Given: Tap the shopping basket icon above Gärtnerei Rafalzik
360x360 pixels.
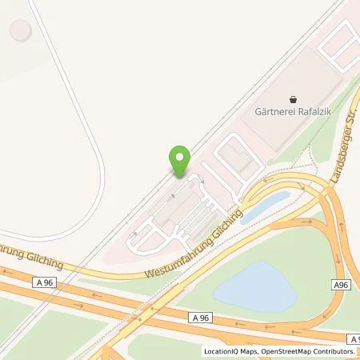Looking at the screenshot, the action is [293, 98].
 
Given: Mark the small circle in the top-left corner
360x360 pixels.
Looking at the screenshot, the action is [19, 32].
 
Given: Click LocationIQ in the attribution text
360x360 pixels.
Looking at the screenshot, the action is [222, 351].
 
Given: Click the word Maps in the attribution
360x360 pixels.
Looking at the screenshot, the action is [249, 351].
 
